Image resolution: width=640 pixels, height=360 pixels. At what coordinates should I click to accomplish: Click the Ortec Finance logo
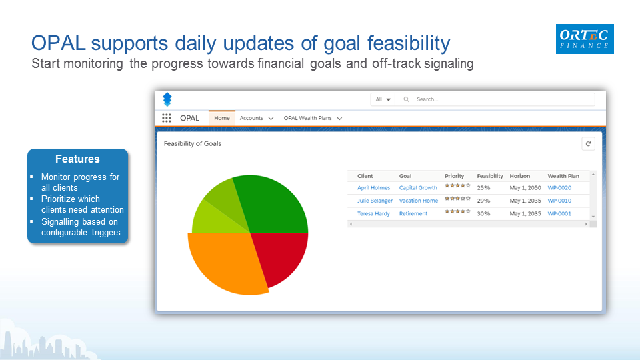[x=585, y=39]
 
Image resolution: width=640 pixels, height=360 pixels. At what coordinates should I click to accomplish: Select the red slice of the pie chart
[x=283, y=257]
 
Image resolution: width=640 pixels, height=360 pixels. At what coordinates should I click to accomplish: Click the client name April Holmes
[x=373, y=188]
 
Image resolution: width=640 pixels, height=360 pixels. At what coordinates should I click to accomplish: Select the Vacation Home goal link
[x=418, y=201]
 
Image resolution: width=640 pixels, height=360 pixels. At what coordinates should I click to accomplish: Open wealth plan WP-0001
[x=559, y=213]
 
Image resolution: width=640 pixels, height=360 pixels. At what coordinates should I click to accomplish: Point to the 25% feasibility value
[x=483, y=188]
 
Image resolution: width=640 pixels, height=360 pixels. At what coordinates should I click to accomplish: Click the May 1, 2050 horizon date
[x=525, y=188]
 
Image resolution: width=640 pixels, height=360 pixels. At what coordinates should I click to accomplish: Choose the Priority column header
[x=454, y=176]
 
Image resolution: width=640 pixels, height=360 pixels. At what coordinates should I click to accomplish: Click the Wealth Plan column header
[x=563, y=176]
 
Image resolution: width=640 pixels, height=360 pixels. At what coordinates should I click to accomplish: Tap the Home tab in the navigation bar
[x=222, y=118]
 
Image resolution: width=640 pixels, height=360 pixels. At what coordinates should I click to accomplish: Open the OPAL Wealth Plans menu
[x=312, y=118]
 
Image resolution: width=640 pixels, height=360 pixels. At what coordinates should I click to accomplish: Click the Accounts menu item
[x=256, y=118]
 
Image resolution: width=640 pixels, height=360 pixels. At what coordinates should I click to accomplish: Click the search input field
[x=500, y=99]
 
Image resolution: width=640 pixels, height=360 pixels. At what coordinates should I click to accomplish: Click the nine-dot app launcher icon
[x=167, y=118]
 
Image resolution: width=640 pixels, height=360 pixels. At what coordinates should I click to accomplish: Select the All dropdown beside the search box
[x=383, y=99]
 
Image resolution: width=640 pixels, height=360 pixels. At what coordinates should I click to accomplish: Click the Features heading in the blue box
[x=77, y=159]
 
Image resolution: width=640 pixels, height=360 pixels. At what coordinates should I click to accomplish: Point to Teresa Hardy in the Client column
[x=374, y=213]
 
